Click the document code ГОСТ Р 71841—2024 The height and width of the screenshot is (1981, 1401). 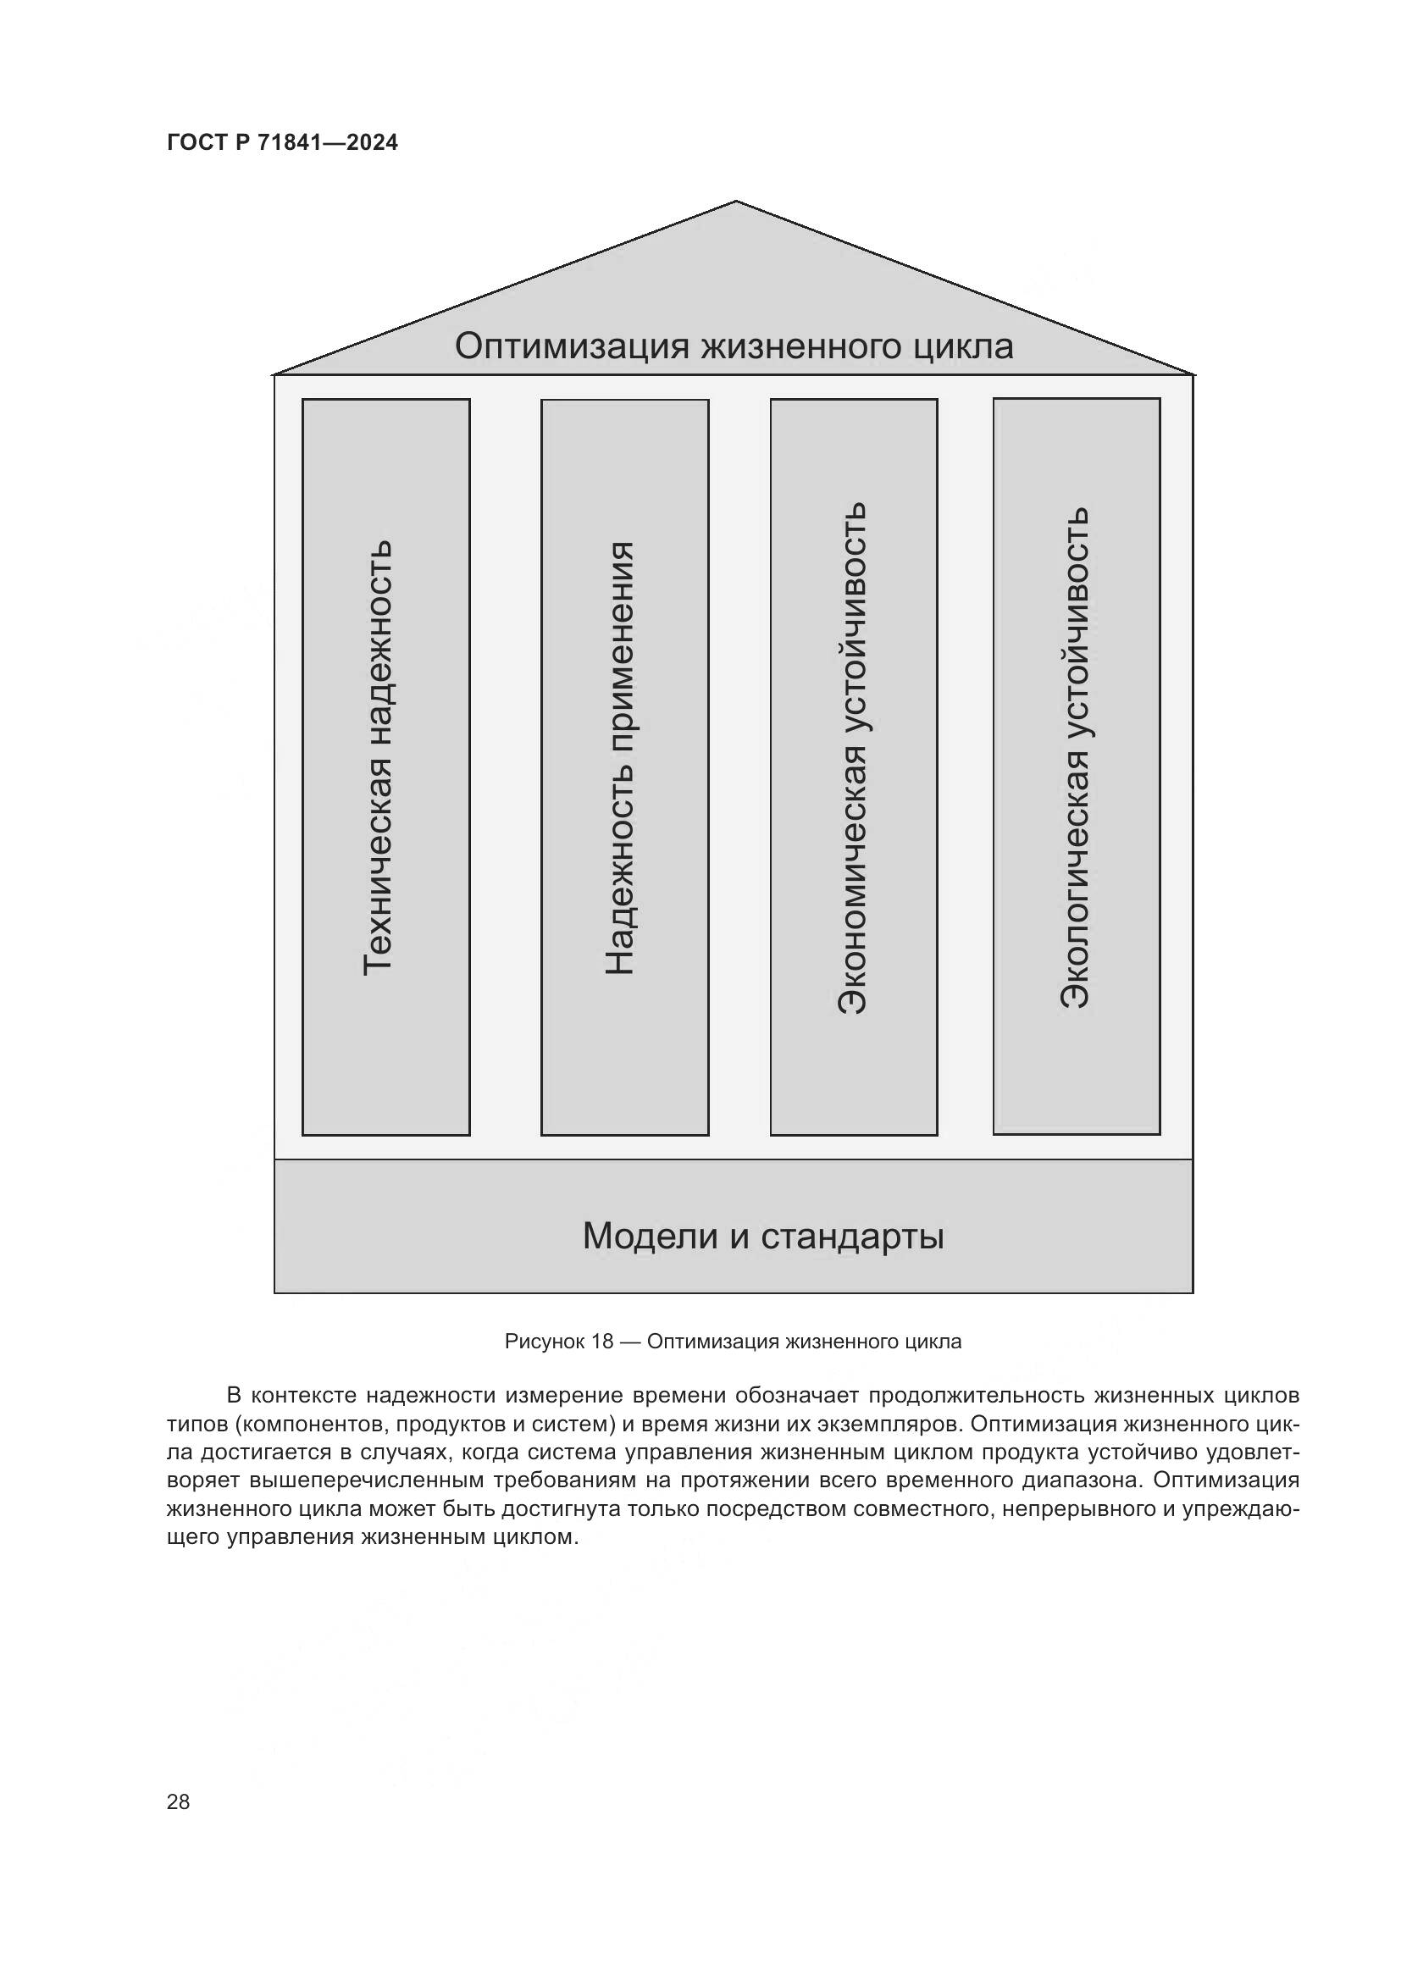point(282,142)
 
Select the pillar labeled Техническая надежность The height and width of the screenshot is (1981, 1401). point(385,766)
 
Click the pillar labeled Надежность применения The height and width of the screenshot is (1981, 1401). point(624,767)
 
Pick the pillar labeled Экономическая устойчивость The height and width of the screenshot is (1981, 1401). point(853,766)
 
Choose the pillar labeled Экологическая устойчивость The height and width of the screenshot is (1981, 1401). point(1076,766)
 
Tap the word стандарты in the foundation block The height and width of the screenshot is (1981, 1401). point(852,1237)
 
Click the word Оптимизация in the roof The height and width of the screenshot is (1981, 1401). point(572,347)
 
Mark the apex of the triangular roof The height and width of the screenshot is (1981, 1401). point(735,202)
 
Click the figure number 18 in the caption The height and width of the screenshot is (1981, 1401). point(602,1342)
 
